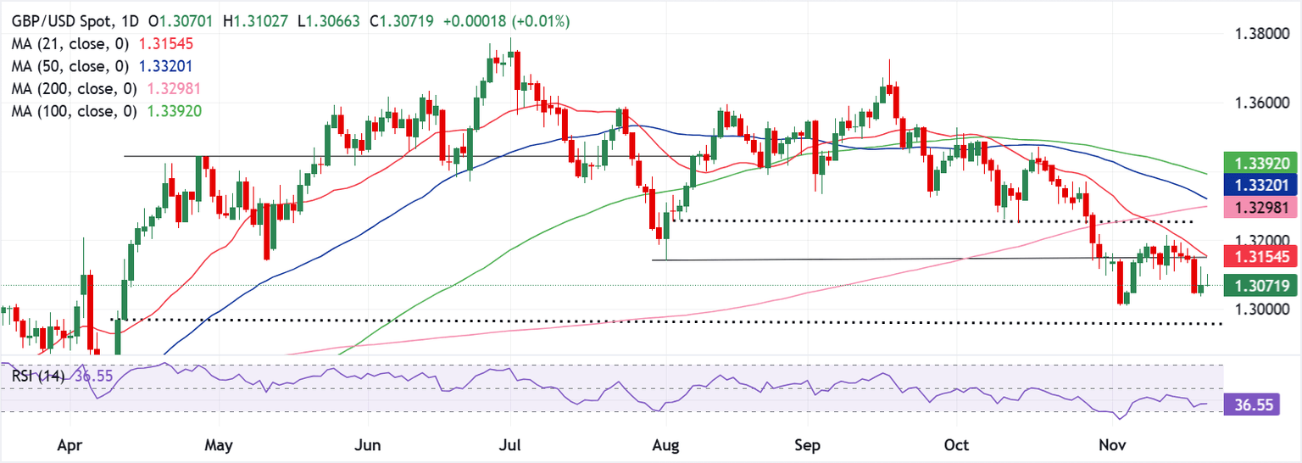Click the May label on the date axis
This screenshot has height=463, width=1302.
[219, 444]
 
